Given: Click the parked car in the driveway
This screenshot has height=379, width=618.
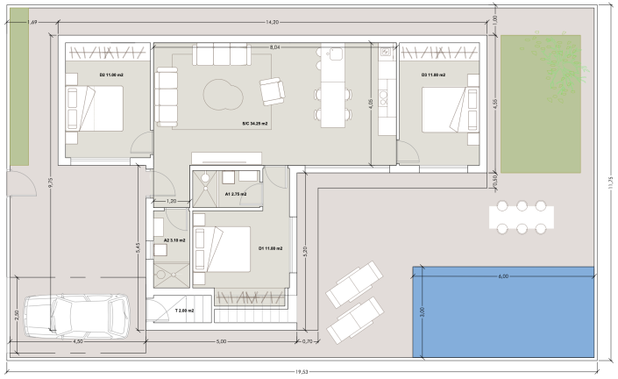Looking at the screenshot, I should coord(76,317).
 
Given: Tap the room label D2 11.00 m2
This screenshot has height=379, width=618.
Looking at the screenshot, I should coord(111,75).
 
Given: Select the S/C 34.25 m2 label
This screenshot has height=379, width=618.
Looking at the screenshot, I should coord(255,125).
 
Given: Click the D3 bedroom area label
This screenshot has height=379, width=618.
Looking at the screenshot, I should coord(433,75).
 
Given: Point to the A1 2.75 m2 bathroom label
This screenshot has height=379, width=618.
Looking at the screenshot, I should coord(236,194).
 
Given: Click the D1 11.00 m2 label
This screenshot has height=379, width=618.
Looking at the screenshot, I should coord(271,248).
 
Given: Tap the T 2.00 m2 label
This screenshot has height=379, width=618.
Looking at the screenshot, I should coord(184,311).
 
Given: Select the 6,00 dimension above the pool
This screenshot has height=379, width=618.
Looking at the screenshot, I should coord(503,276).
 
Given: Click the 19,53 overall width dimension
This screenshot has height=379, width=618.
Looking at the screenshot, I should coord(302,372).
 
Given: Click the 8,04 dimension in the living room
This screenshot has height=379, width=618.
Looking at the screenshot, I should coord(274,46).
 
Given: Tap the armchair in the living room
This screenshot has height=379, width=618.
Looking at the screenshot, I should coord(272,90).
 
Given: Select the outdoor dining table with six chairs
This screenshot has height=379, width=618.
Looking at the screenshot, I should coord(522,217).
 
